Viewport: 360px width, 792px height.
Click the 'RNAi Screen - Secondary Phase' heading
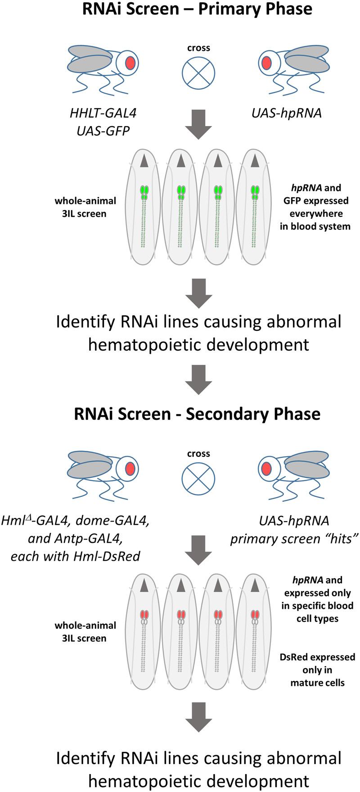[x=197, y=414]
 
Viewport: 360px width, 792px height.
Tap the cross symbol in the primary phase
[x=198, y=73]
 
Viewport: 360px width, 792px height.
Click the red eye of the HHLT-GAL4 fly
[x=130, y=63]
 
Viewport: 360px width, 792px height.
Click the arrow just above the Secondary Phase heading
[x=198, y=379]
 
